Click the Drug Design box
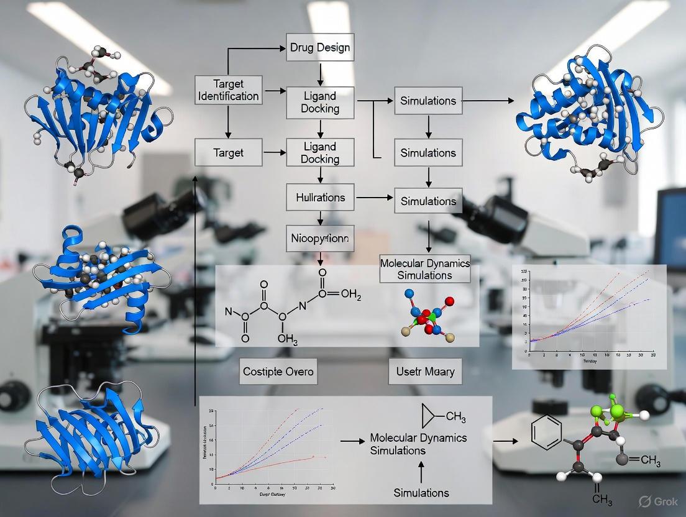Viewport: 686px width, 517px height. pos(321,47)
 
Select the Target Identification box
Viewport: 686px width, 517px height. pos(227,89)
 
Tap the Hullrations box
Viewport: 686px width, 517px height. pos(321,198)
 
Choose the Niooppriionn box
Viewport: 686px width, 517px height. pos(321,237)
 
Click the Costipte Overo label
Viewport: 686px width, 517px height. pos(278,372)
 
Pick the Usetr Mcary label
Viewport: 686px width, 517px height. pos(425,372)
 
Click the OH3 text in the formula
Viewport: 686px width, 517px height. pos(287,339)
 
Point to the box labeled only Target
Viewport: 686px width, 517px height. pos(227,152)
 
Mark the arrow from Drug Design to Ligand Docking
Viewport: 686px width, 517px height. pos(321,73)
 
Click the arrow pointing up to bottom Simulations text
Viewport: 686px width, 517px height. pos(421,473)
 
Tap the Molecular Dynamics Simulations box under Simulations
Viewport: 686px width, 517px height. pos(425,268)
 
